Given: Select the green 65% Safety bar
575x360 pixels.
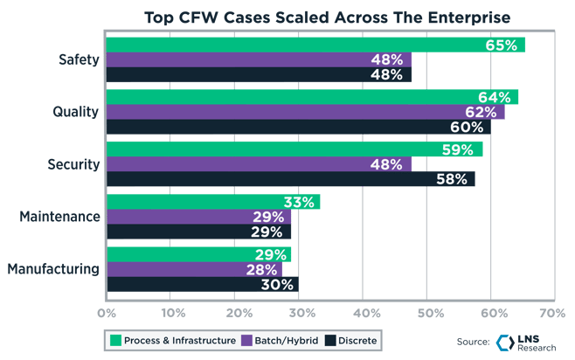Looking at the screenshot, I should pos(315,45).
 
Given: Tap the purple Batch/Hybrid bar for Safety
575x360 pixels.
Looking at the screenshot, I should pos(259,60).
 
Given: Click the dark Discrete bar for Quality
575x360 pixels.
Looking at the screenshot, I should pos(297,128).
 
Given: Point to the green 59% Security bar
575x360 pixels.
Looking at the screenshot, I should pos(294,149).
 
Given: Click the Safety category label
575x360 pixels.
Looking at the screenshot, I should pos(78,60).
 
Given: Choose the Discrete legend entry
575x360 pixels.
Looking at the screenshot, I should pos(353,340).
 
